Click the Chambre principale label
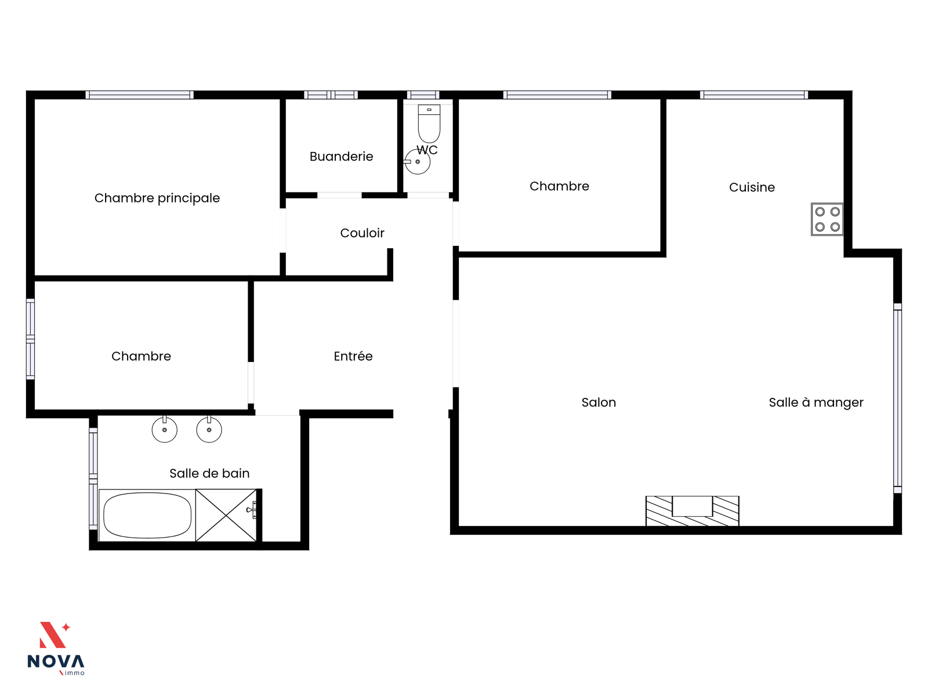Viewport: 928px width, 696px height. click(x=157, y=198)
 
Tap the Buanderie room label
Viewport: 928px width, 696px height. click(x=341, y=157)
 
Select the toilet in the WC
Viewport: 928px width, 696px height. click(x=429, y=124)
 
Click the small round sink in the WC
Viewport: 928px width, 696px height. click(x=417, y=162)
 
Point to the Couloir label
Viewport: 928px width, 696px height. click(x=362, y=233)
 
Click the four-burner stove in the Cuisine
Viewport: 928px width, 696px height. click(x=827, y=219)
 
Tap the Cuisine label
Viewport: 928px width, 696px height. click(x=752, y=187)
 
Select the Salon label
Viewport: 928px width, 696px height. click(x=599, y=403)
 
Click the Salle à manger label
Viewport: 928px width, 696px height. click(x=816, y=403)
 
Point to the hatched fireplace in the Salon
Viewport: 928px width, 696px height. click(x=692, y=511)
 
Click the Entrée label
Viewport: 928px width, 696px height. click(x=353, y=356)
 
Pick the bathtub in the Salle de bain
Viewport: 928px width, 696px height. click(x=147, y=516)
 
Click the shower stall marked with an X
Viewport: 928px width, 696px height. click(x=226, y=516)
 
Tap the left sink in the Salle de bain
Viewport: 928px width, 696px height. click(x=165, y=429)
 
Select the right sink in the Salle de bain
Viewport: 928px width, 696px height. click(x=209, y=429)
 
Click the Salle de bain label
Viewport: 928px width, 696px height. click(x=209, y=473)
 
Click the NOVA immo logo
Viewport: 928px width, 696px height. click(x=56, y=649)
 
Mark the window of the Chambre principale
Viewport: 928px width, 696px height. click(x=140, y=95)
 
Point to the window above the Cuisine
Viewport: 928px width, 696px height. click(x=754, y=95)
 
